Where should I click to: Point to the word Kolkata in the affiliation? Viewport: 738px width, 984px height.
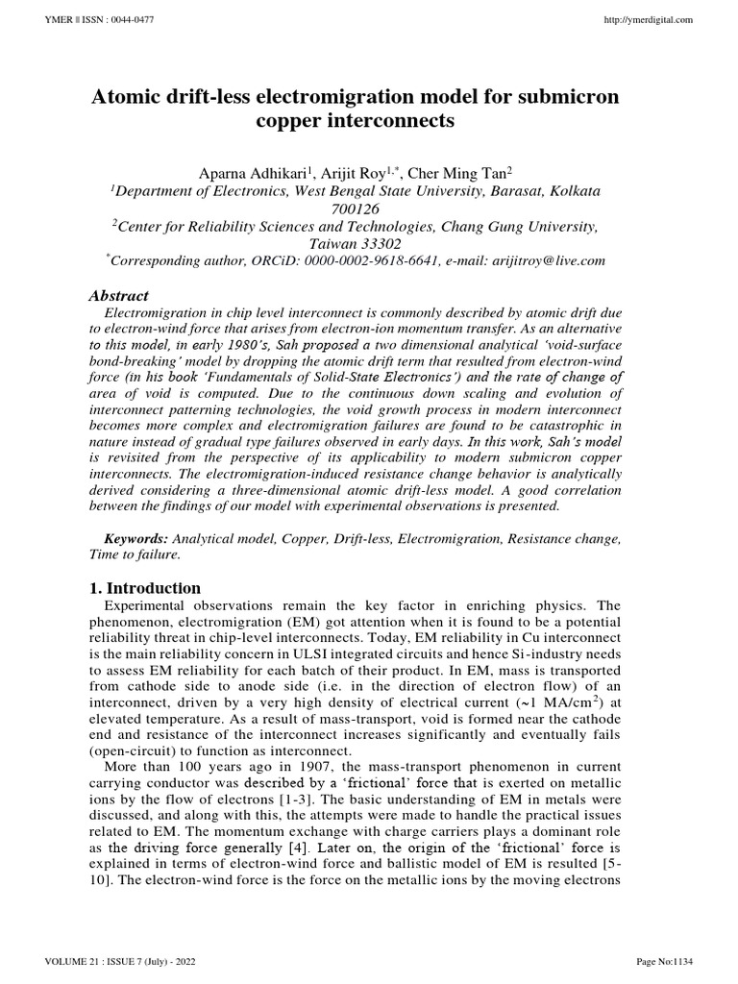[x=571, y=191]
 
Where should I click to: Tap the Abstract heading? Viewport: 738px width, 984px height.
[x=118, y=296]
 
